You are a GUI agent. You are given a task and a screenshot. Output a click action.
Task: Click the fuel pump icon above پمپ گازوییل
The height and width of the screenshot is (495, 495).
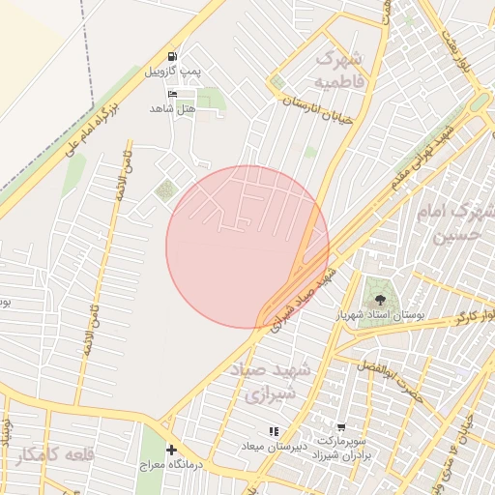click(x=172, y=57)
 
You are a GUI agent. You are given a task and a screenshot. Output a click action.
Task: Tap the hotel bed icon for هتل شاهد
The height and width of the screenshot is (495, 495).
click(x=173, y=94)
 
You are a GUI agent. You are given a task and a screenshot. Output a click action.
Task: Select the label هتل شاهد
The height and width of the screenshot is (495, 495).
click(x=173, y=108)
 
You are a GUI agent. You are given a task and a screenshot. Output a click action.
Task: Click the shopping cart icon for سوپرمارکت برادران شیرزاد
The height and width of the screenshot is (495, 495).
click(x=340, y=426)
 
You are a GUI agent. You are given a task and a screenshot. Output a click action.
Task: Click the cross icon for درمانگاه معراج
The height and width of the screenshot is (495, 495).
click(x=171, y=450)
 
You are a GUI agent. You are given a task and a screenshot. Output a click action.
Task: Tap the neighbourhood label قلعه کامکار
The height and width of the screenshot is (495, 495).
click(x=58, y=454)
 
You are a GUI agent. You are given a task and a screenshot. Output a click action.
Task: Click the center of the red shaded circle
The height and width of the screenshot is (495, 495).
click(x=247, y=247)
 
